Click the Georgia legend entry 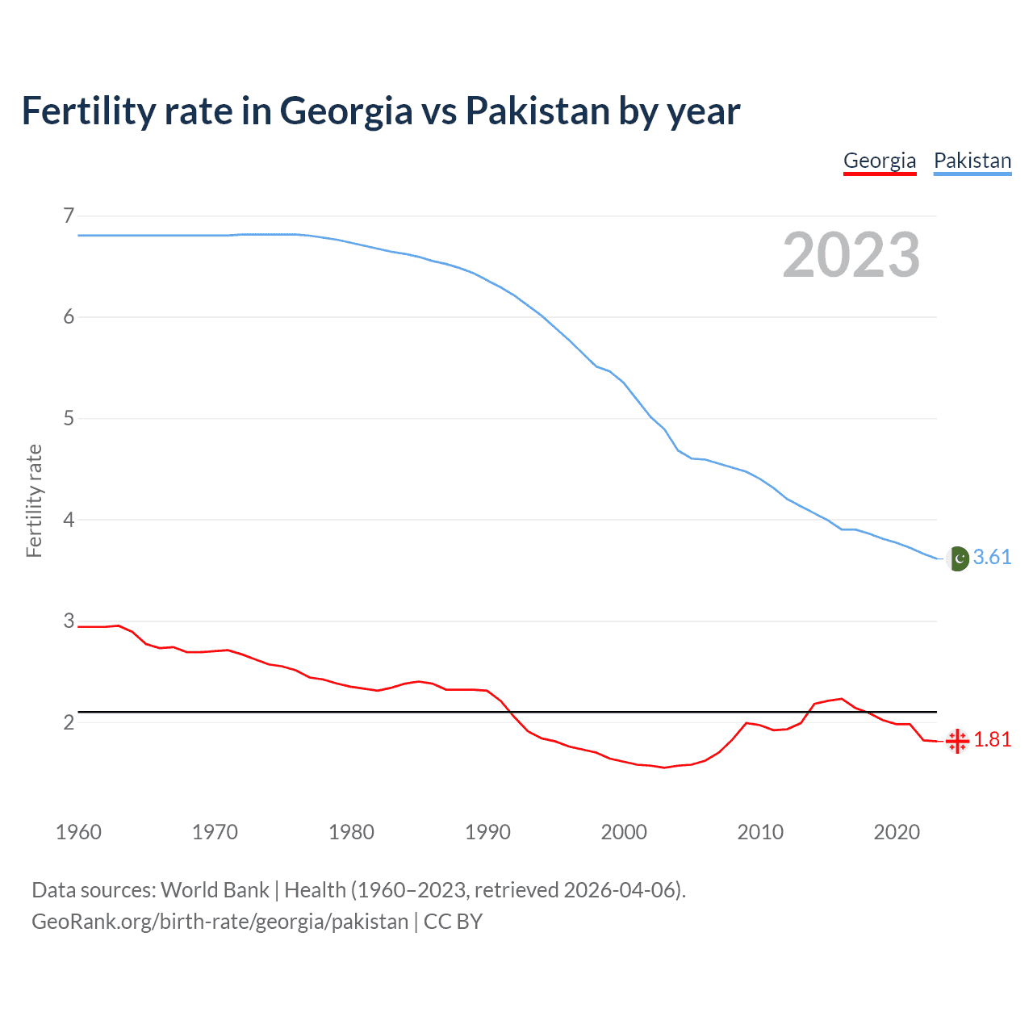point(880,161)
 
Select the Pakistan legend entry point(972,161)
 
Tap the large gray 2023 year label point(851,255)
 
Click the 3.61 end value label point(992,558)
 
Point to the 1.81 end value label point(992,740)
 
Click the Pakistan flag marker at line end point(958,558)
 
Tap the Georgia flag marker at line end point(957,741)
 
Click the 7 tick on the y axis point(69,215)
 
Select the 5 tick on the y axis point(69,418)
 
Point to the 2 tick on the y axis point(69,722)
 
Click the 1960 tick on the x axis point(78,832)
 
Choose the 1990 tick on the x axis point(487,832)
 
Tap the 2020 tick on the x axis point(897,832)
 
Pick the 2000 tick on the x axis point(624,832)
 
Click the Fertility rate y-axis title point(34,500)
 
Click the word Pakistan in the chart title point(537,111)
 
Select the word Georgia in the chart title point(346,111)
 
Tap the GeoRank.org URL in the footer point(220,922)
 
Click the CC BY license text point(453,922)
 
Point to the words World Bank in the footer point(215,890)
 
